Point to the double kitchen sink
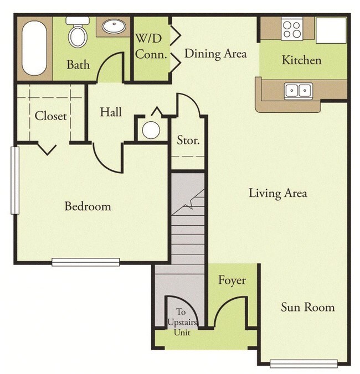click(298, 90)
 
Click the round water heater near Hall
click(150, 130)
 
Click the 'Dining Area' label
click(215, 54)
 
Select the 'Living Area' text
click(277, 193)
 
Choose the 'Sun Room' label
click(307, 307)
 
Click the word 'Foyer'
click(232, 280)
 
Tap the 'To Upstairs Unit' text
click(181, 322)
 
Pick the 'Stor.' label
click(188, 140)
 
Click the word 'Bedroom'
click(88, 206)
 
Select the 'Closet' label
click(50, 116)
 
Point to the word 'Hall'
click(111, 112)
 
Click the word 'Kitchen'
click(301, 60)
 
